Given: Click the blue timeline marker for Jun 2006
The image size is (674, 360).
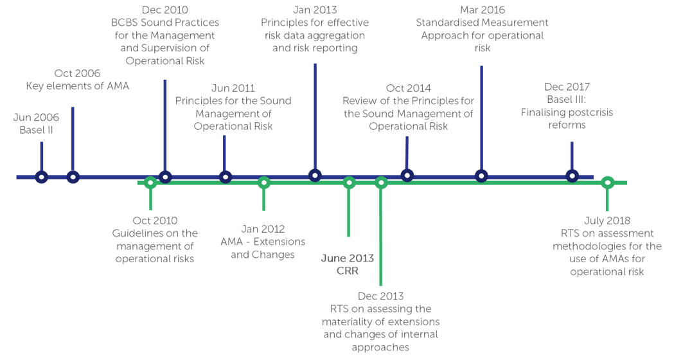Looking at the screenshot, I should pos(42,177).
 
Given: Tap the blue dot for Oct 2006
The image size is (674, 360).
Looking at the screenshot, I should pos(73,177).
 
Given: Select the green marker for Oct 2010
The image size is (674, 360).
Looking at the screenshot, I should pos(150,183).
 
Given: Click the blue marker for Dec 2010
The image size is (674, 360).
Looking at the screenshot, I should pos(165,177).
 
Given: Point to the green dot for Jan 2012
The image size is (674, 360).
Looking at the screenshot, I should pos(263,183).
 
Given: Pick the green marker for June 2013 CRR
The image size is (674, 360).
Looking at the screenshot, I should pos(349,183).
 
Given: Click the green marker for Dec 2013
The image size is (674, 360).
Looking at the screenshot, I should pos(381,183).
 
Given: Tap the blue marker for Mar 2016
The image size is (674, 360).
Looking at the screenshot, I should pos(481,175).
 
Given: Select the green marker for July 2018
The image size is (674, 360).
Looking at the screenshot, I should pos(607,183).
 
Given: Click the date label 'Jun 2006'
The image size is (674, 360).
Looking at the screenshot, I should pos(36,118).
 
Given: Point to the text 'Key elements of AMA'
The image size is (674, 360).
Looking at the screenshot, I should pos(78,86).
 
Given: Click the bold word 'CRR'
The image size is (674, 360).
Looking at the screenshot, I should pos(348,271).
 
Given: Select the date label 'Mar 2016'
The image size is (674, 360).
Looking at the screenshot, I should pos(483,10).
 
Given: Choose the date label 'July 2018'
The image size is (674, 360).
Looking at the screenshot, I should pos(607,221).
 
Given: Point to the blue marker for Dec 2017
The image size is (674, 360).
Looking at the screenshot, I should pos(572,175).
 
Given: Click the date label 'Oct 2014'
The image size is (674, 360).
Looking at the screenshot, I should pos(409,89).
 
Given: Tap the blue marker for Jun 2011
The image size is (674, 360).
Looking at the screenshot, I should pos(225,177).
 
